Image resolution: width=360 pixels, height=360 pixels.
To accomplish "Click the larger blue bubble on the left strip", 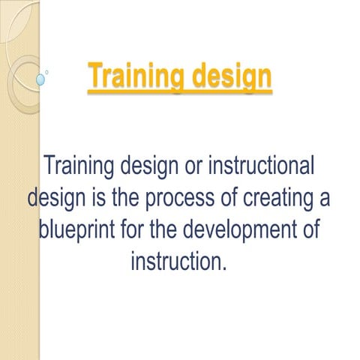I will tap(40, 78).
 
